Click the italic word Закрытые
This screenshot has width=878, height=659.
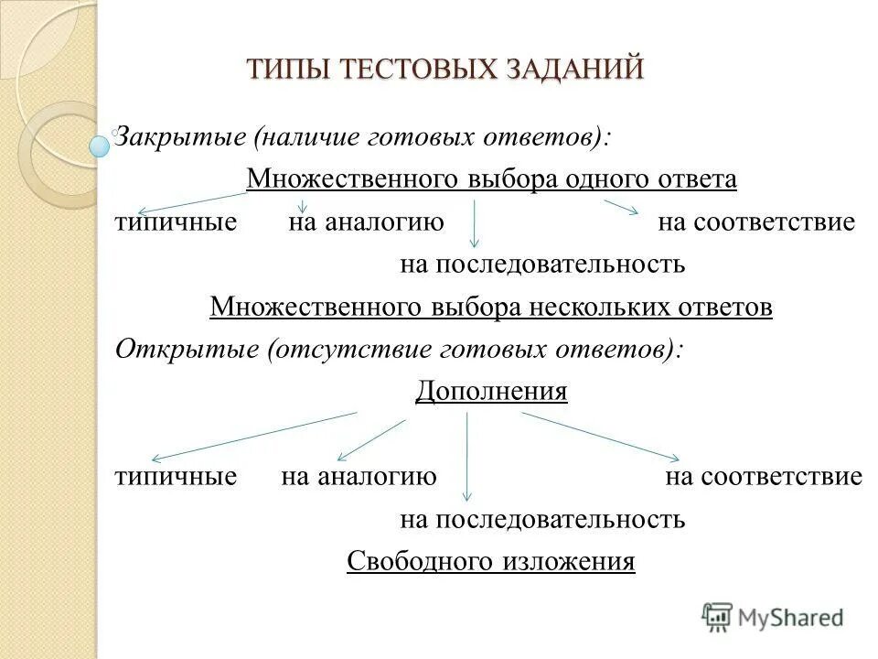[x=180, y=138]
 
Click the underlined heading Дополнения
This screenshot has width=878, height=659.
[x=491, y=392]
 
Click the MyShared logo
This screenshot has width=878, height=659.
[x=773, y=616]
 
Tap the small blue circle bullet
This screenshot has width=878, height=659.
[x=100, y=144]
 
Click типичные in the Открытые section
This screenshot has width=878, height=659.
[x=177, y=477]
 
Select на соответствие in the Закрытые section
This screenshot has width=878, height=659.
[x=756, y=222]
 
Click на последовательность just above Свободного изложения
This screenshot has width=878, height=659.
[x=542, y=520]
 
